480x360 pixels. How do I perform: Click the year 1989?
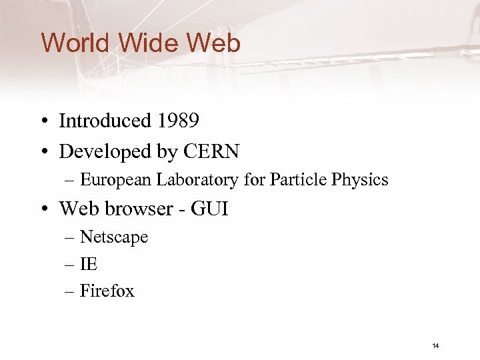click(x=178, y=121)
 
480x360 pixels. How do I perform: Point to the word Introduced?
click(x=105, y=121)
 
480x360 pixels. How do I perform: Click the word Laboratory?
click(x=189, y=180)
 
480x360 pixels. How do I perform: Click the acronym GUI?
click(x=209, y=209)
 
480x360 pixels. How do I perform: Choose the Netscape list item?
click(x=113, y=237)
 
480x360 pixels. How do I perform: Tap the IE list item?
click(x=89, y=264)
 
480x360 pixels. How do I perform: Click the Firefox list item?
click(x=107, y=291)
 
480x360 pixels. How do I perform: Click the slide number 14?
click(x=435, y=346)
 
